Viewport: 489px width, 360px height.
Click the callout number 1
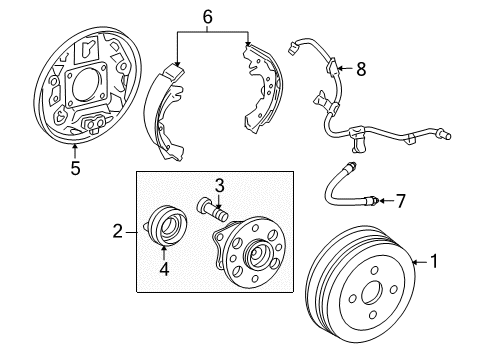tap(434, 262)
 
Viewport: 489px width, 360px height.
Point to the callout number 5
tap(76, 169)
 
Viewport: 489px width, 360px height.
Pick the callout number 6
tap(208, 17)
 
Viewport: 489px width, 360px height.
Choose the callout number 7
tap(401, 202)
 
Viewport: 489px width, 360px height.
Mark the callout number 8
tap(361, 69)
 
